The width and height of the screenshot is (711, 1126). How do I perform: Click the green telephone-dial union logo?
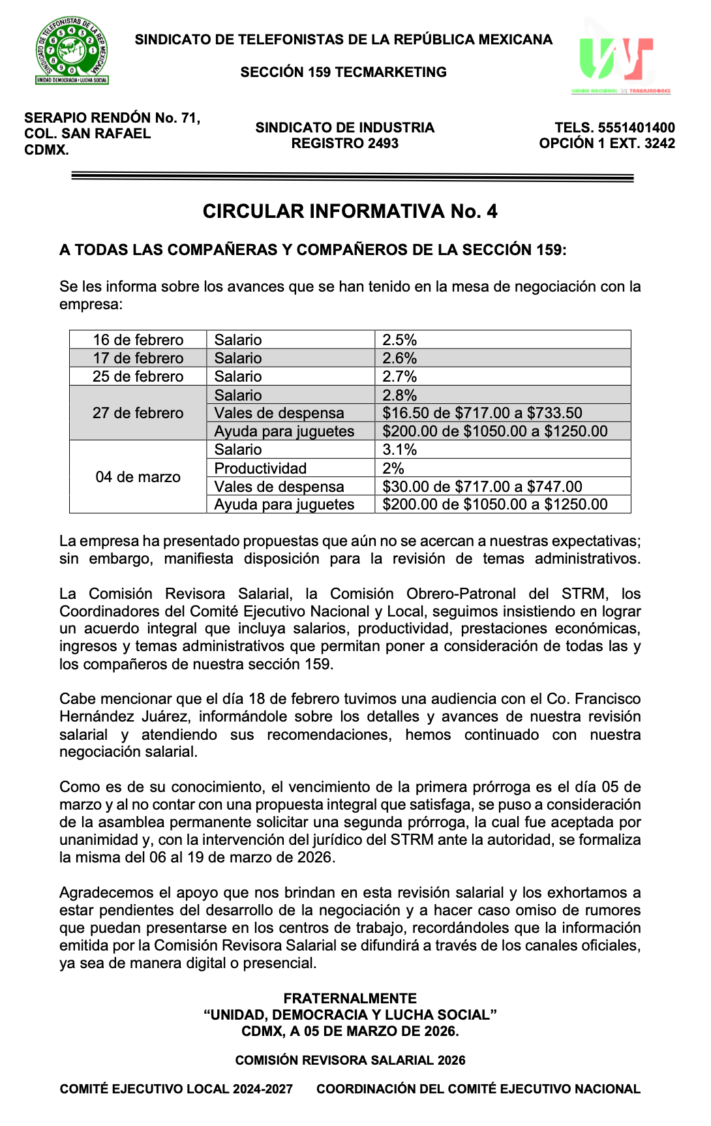72,51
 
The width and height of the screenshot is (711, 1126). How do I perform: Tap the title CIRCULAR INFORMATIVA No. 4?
350,211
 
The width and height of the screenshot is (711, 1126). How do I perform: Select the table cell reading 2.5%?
399,340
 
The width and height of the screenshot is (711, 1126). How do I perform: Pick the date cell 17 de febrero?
138,358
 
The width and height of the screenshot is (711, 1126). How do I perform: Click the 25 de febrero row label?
138,376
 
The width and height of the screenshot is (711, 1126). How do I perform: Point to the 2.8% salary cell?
399,395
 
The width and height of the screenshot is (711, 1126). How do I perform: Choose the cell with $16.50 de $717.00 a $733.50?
482,413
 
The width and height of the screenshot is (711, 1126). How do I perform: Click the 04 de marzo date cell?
138,477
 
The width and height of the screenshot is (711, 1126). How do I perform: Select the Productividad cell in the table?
260,468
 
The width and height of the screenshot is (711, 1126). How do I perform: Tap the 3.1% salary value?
399,449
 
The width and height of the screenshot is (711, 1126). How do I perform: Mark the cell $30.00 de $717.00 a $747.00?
482,487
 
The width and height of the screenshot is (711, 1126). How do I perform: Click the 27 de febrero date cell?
138,413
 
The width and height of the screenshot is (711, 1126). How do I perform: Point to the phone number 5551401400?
636,128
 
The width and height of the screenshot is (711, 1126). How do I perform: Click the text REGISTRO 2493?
344,144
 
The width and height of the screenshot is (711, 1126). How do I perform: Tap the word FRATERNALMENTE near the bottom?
350,998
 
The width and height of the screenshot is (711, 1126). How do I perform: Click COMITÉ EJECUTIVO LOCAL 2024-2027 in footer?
176,1089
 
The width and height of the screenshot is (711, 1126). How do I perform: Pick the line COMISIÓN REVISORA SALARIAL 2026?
350,1060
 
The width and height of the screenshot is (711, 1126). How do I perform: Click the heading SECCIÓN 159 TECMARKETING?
343,72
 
